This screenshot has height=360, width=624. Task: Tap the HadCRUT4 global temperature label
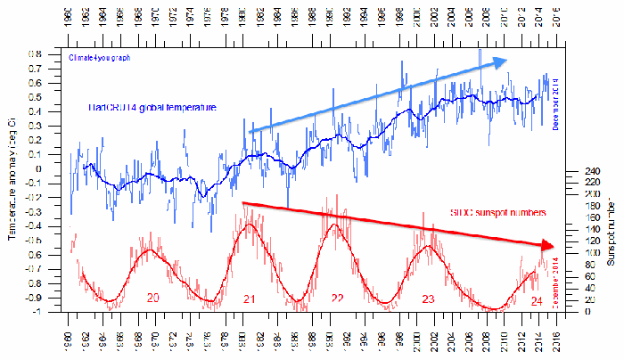(x=152, y=107)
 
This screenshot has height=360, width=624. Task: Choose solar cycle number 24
(x=537, y=300)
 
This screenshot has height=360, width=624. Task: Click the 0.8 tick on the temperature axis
(x=51, y=53)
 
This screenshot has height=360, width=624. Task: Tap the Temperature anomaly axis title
(x=12, y=177)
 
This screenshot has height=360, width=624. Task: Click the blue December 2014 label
(x=555, y=102)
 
